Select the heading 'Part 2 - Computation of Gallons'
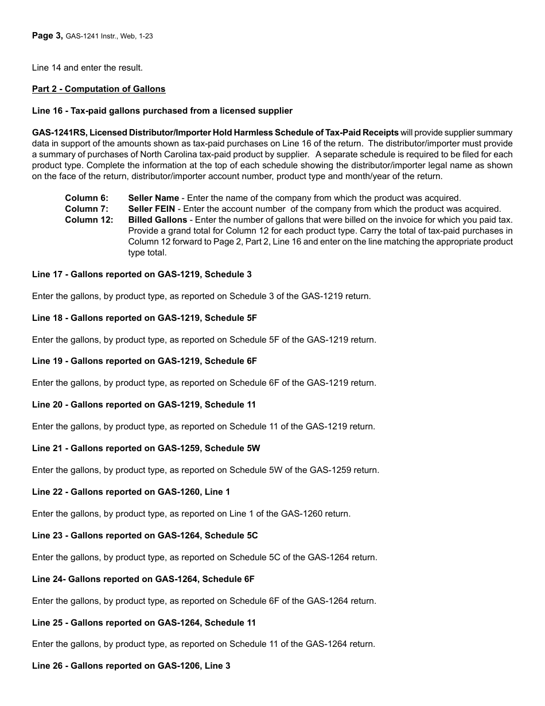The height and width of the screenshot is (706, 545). coord(99,89)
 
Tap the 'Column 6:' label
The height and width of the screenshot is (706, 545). coord(87,198)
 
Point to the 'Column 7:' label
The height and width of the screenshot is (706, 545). coord(87,209)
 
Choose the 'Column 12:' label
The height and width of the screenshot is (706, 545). coord(89,220)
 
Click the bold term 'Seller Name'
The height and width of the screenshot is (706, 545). coord(153,198)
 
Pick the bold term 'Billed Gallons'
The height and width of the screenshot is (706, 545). coord(157,220)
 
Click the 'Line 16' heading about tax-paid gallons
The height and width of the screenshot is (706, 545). coord(162,111)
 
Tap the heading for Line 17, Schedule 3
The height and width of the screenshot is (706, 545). coord(142,274)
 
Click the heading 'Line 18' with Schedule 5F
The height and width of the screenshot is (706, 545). coord(145,318)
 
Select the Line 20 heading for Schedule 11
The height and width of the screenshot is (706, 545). coord(144,405)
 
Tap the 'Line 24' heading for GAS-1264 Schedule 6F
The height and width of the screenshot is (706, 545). coord(143,579)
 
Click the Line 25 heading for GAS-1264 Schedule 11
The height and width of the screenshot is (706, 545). coord(144,623)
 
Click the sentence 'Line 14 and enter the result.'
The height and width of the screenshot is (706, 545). coord(87,68)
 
